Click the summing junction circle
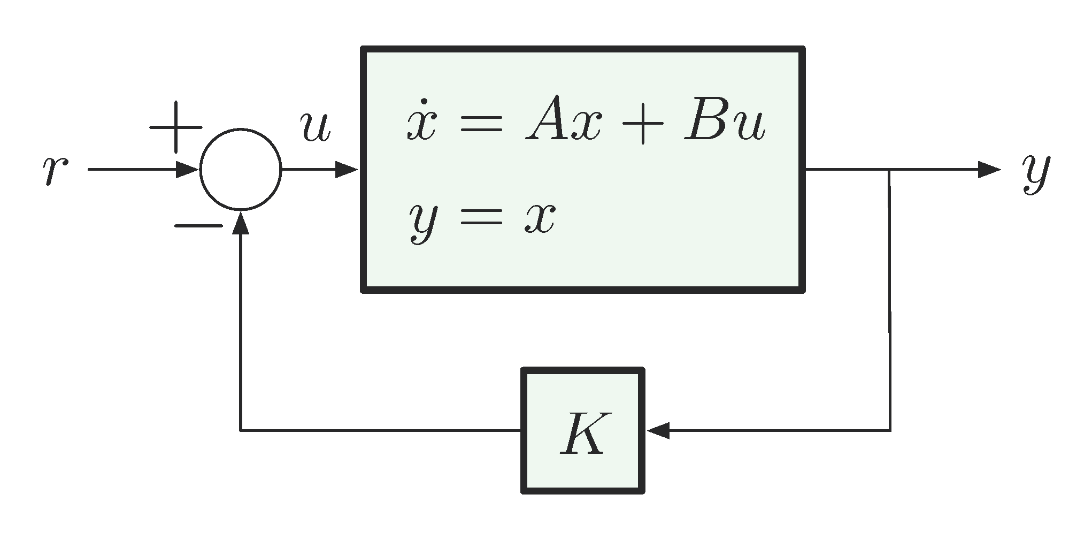(241, 170)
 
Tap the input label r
(55, 171)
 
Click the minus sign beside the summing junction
(198, 226)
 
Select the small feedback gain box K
(582, 430)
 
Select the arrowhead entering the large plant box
(347, 170)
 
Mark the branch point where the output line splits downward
(889, 170)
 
